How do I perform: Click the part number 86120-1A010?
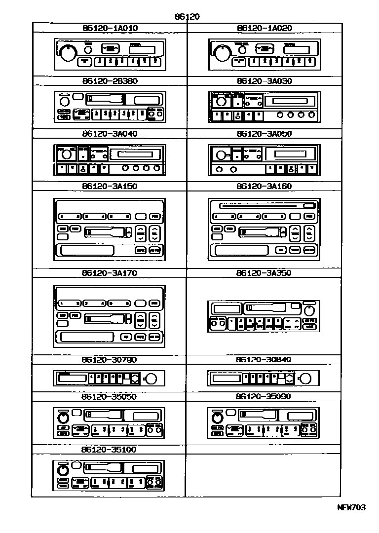(x=110, y=28)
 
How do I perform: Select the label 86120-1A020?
(x=264, y=28)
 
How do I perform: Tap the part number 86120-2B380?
(x=110, y=81)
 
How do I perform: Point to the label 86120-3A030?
(x=264, y=81)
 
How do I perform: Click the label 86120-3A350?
(x=264, y=272)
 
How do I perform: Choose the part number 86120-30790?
(x=110, y=360)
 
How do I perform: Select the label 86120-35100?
(x=110, y=450)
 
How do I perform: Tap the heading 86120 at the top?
(x=187, y=16)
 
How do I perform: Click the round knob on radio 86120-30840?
(x=305, y=379)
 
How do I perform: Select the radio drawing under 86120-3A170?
(x=109, y=316)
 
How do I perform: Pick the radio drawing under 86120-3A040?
(x=109, y=159)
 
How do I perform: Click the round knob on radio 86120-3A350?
(x=310, y=310)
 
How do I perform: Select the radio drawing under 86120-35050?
(x=109, y=423)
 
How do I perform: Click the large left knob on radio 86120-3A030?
(x=222, y=102)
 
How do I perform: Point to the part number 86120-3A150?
(x=110, y=186)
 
